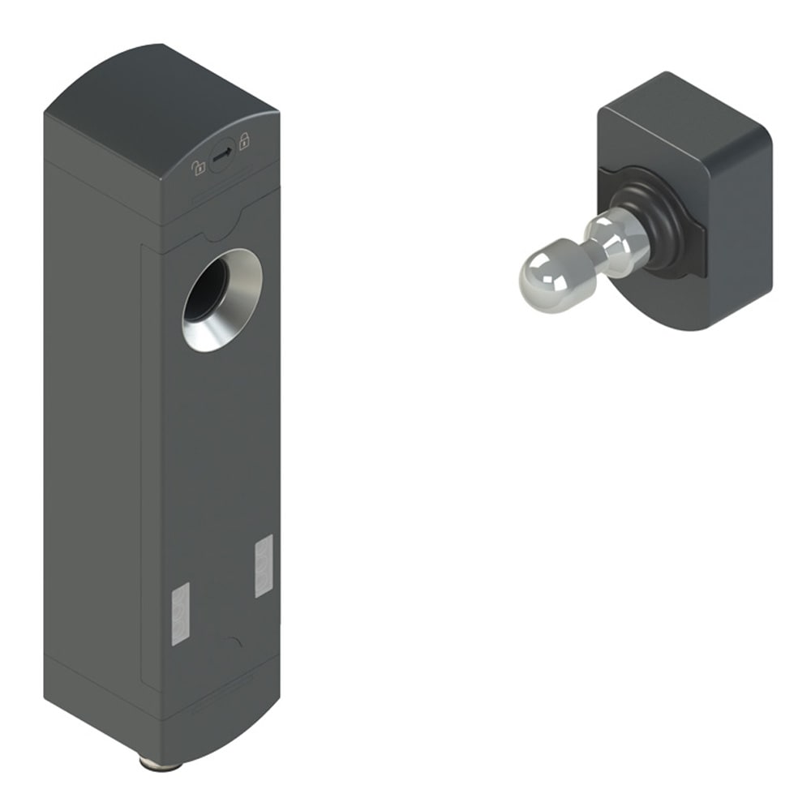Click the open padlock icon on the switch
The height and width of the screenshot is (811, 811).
(x=199, y=168)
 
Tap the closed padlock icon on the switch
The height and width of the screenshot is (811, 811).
(x=244, y=139)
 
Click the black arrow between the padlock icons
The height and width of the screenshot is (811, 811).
(x=223, y=152)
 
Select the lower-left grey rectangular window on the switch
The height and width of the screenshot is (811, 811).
(x=180, y=614)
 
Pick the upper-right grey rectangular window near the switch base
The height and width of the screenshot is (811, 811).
(x=264, y=566)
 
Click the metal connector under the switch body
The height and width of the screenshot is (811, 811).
(x=150, y=763)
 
